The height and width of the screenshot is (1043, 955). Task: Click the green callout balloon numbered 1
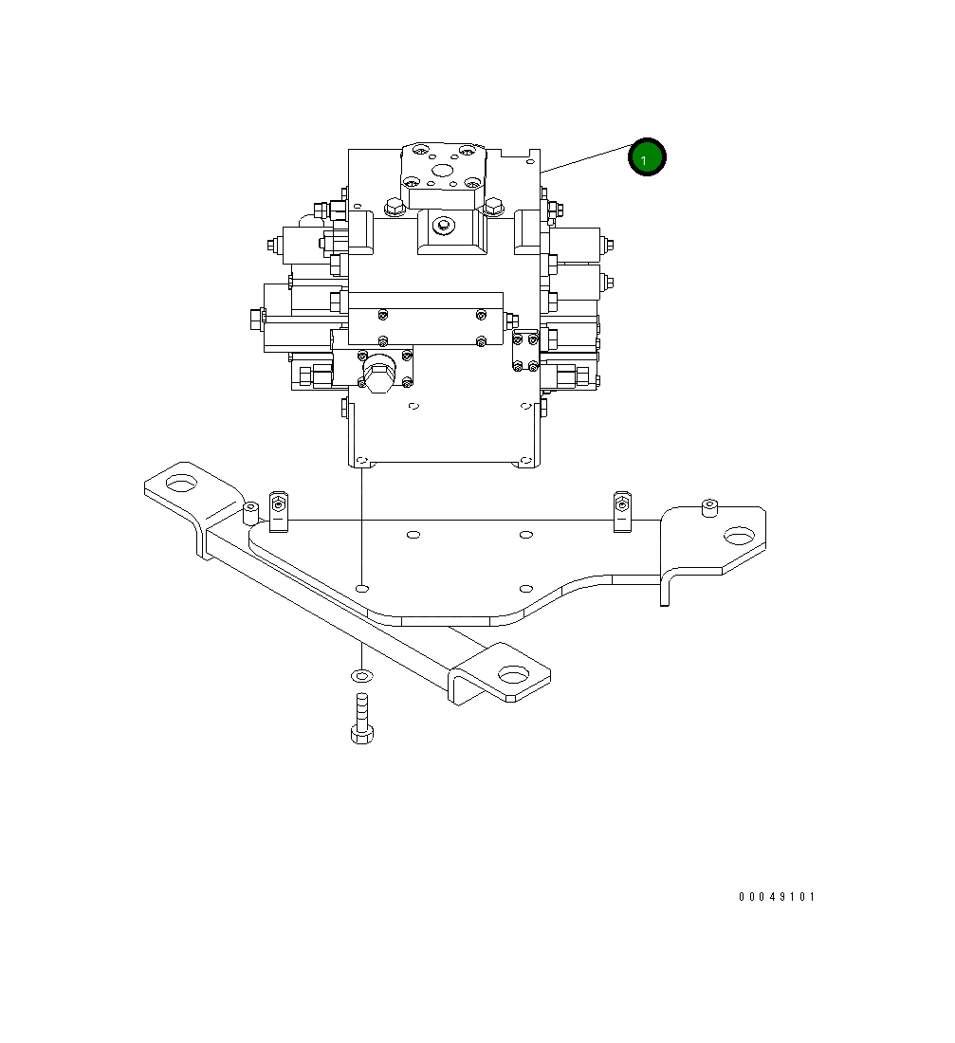(x=647, y=158)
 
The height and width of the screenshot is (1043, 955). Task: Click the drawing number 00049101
(x=777, y=897)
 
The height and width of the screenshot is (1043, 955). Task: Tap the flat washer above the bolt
(x=361, y=675)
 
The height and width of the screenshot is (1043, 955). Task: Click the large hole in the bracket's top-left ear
(x=180, y=484)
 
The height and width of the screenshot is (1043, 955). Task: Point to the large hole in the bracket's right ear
(x=739, y=537)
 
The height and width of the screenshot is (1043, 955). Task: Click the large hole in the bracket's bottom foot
(x=511, y=675)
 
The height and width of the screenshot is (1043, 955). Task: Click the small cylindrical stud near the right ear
(x=707, y=507)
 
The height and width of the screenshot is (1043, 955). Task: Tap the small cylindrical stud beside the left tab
(x=250, y=513)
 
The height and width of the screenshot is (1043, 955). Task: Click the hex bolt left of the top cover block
(x=392, y=205)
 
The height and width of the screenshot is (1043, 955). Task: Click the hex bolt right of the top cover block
(x=493, y=205)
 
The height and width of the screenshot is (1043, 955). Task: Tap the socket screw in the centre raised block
(x=442, y=226)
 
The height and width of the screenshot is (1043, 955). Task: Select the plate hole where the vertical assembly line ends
(x=361, y=589)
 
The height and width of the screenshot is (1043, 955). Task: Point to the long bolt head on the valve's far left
(x=253, y=320)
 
